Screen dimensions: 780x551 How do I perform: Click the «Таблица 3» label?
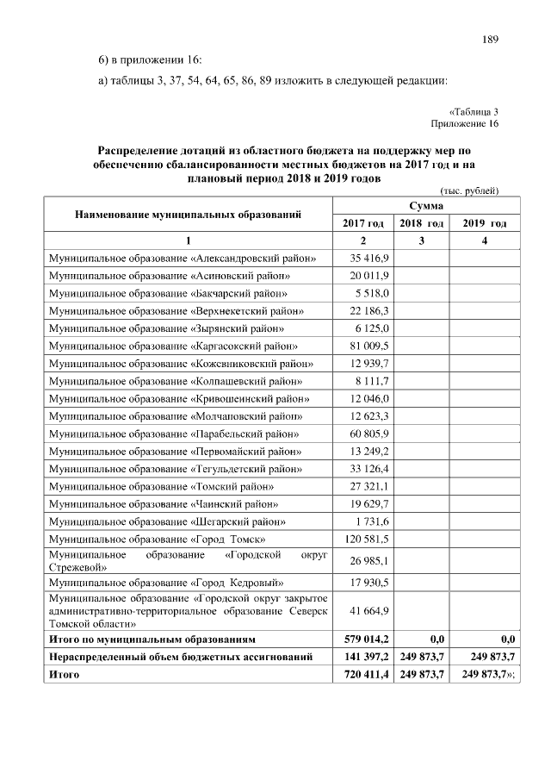point(474,111)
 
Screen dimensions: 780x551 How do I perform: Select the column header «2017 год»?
point(363,223)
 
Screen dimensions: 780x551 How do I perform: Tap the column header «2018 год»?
point(421,223)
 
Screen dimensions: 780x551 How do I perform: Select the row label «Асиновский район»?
point(169,276)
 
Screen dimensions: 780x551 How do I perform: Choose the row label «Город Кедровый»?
point(164,583)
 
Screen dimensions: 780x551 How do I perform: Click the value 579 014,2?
point(365,640)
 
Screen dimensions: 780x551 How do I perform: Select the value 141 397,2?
point(365,658)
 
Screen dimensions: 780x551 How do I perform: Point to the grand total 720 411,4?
point(365,675)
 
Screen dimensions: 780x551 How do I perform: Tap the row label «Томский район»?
point(161,487)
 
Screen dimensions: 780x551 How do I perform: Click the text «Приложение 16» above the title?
point(468,123)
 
